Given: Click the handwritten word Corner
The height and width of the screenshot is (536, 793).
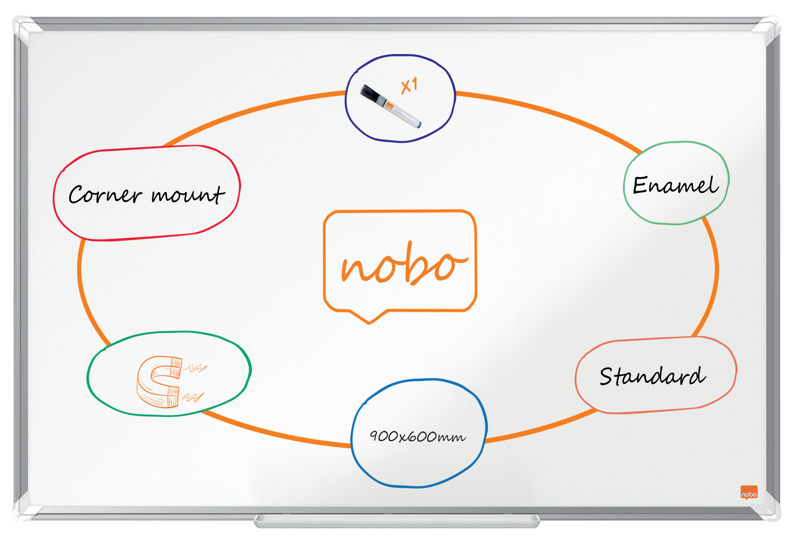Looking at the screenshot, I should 105,194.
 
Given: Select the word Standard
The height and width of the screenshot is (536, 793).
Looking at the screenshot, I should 653,376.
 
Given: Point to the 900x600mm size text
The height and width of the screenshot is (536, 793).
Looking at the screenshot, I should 418,436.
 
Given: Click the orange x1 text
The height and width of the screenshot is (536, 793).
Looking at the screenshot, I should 409,85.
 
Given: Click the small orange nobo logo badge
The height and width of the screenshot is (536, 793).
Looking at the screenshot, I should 749,493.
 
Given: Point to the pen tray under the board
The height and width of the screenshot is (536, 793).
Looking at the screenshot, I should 396,522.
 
